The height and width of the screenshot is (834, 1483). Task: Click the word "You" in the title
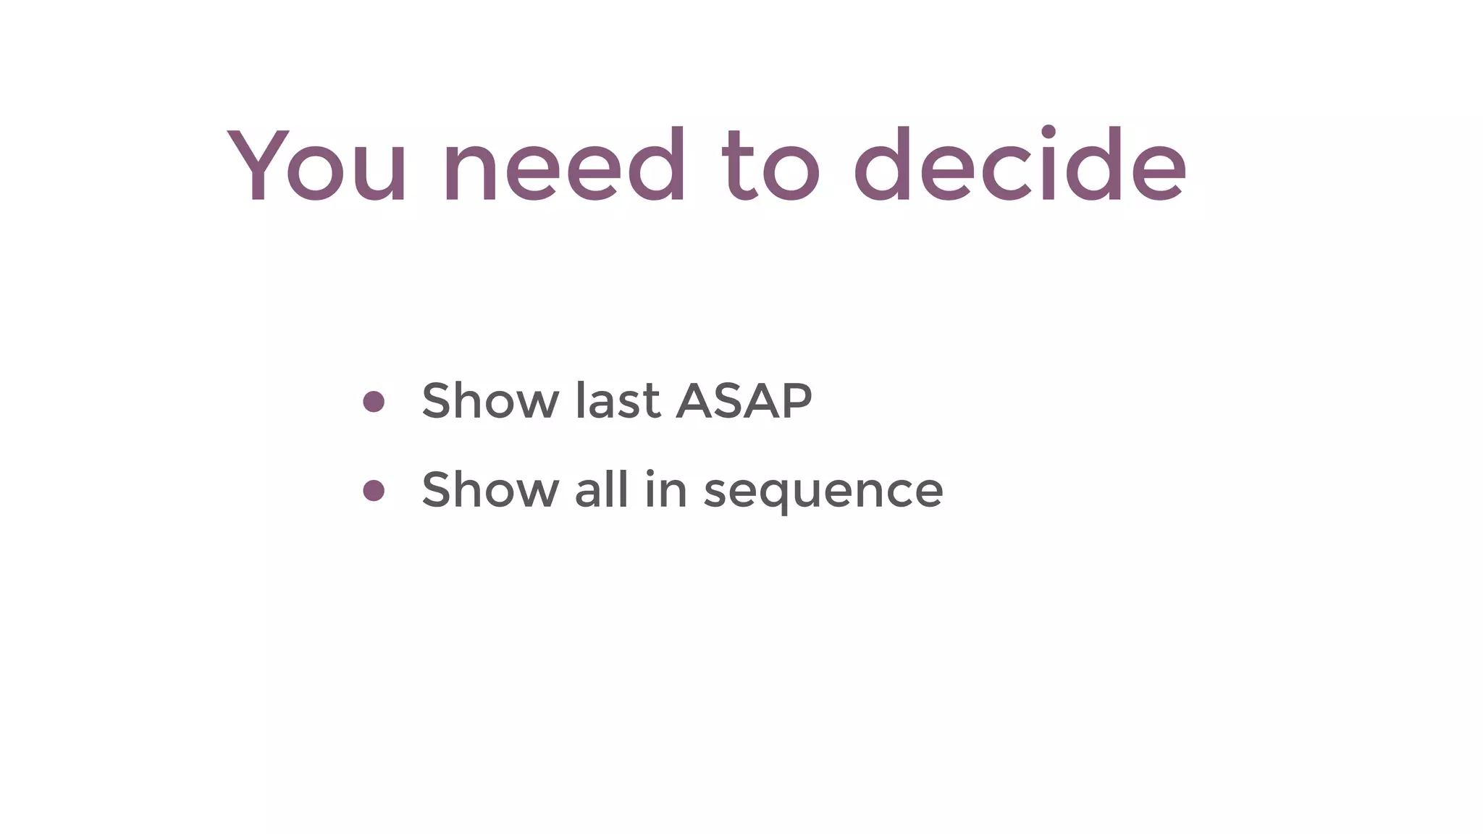tap(317, 166)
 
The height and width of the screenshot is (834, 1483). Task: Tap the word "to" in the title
tap(770, 166)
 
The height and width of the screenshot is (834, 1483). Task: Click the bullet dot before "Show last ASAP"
tap(374, 402)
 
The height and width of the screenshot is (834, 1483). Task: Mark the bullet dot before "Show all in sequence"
tap(374, 491)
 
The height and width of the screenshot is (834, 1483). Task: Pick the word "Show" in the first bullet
tap(490, 400)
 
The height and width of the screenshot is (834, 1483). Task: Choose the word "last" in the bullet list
tap(618, 400)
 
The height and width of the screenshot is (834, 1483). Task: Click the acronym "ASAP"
tap(744, 400)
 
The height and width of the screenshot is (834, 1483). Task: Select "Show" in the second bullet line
tap(490, 489)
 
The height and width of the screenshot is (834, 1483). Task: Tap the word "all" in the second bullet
tap(601, 489)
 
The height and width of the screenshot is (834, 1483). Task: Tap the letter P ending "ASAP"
tap(795, 400)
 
